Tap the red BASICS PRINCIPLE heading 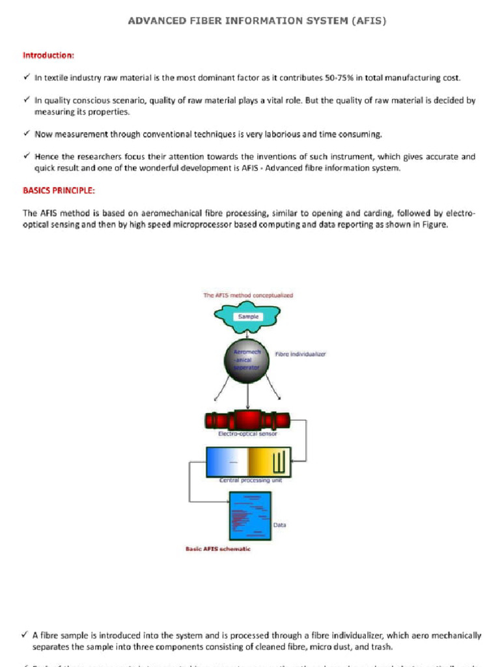pos(59,191)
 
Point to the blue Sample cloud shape pos(248,317)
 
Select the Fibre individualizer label pos(300,354)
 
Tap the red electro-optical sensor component pos(247,420)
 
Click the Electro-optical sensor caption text pos(247,434)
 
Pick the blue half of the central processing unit pos(227,462)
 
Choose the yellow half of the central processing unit pos(269,462)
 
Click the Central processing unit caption pos(248,481)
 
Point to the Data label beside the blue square pos(279,524)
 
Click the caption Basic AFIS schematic pos(218,549)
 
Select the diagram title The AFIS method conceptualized pos(248,295)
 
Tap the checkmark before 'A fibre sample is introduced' pos(25,635)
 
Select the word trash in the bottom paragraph pos(381,647)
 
